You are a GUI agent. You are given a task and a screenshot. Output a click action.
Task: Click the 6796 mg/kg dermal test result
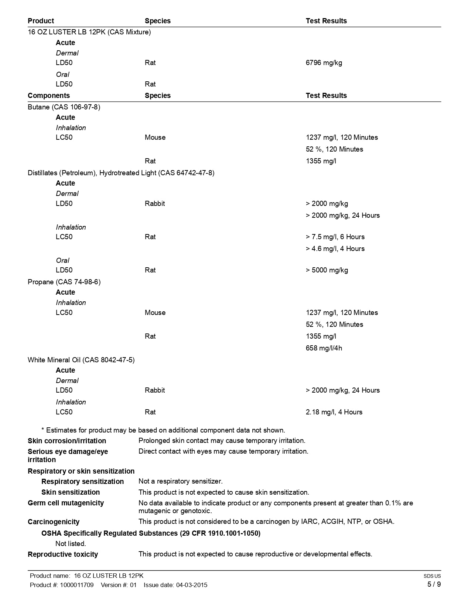point(324,63)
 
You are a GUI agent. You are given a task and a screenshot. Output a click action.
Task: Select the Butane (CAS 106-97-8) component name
point(64,107)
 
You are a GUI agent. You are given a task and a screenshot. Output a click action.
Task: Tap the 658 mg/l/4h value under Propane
point(324,348)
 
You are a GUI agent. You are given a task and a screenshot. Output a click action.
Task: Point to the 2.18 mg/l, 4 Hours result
point(334,412)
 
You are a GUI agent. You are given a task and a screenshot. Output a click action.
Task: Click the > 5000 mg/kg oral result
point(327,270)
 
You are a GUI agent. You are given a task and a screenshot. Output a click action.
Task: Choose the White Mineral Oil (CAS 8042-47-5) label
point(81,360)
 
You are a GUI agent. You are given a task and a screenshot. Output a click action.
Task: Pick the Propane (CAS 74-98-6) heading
point(64,282)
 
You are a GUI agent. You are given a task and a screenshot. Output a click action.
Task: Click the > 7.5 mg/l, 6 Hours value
point(335,237)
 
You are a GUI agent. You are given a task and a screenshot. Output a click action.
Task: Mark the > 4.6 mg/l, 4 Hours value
point(335,249)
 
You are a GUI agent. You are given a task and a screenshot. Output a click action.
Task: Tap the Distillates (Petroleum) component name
point(121,173)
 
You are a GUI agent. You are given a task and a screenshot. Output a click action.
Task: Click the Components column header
point(49,96)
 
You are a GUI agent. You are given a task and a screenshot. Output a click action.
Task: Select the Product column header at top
point(41,21)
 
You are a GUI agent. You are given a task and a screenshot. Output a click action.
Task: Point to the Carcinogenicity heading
point(54,522)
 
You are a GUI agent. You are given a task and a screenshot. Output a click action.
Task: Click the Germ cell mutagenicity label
point(66,503)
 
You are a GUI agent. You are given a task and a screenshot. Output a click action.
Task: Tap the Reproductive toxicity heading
point(63,555)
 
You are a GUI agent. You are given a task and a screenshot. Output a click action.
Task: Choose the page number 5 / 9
point(434,584)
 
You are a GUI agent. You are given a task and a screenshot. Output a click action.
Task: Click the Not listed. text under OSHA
point(71,544)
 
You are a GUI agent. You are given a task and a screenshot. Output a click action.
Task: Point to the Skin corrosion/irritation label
point(67,441)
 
